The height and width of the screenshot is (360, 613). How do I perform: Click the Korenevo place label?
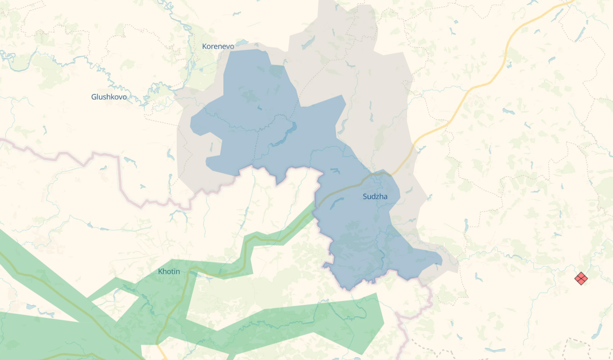click(218, 47)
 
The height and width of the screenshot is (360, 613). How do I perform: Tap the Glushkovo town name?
click(109, 97)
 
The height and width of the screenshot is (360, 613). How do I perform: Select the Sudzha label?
click(375, 197)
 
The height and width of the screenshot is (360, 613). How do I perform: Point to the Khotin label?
click(169, 271)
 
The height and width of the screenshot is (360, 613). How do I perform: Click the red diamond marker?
click(581, 278)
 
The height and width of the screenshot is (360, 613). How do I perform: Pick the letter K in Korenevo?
click(204, 47)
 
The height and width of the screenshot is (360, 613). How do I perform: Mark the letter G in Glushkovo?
click(94, 97)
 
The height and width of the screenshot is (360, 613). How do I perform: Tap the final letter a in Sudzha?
click(385, 197)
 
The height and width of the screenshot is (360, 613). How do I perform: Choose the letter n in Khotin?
click(178, 271)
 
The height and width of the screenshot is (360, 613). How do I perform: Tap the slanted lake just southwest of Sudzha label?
click(336, 203)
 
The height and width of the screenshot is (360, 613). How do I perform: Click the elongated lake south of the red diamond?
click(598, 330)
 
